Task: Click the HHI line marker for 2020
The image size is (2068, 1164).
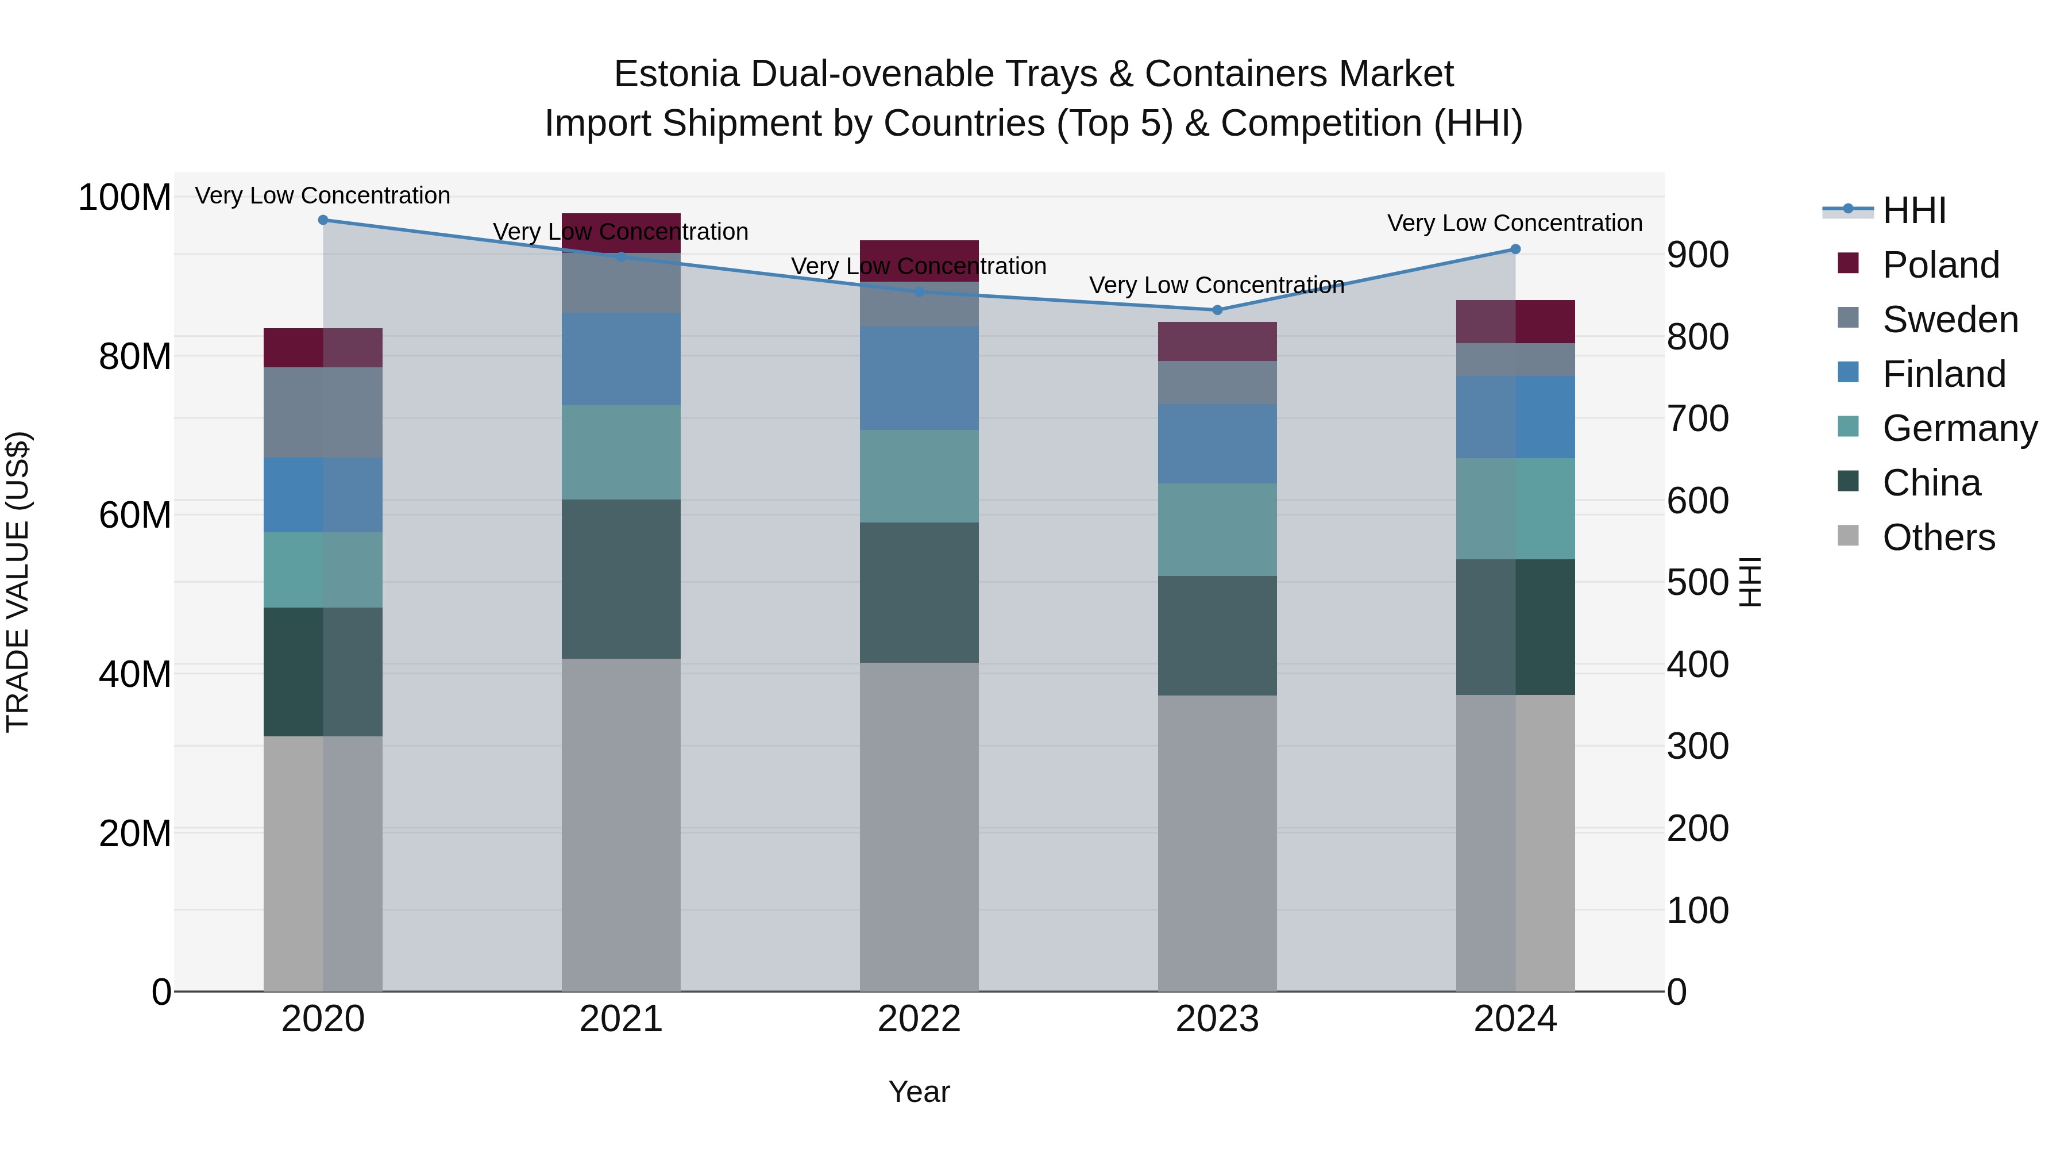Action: (x=323, y=220)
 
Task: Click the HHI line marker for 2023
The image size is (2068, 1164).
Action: (x=1217, y=310)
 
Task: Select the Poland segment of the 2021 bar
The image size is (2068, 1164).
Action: (x=620, y=233)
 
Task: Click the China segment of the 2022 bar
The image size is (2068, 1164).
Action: (x=919, y=592)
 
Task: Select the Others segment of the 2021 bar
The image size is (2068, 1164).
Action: (x=620, y=824)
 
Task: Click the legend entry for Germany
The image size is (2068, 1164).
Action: (x=1959, y=428)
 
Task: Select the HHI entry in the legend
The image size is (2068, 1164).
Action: (x=1914, y=210)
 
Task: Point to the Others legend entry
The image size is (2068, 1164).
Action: (x=1938, y=537)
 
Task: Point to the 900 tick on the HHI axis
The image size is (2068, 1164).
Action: (x=1697, y=255)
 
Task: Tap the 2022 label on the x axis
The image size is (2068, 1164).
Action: (x=919, y=1019)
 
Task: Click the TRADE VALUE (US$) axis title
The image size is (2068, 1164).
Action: (x=18, y=582)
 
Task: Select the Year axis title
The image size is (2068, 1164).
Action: (x=919, y=1092)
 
